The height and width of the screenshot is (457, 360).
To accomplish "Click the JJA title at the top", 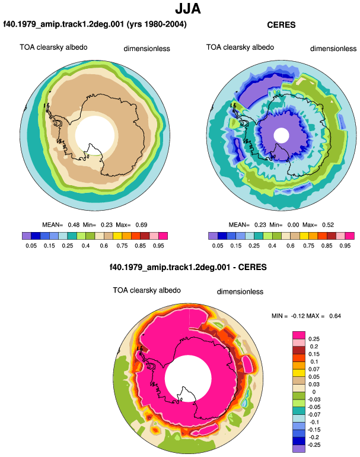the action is coord(188,8).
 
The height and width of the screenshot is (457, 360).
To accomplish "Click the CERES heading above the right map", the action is coord(281,25).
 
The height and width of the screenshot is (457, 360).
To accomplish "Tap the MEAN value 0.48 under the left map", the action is coord(74,225).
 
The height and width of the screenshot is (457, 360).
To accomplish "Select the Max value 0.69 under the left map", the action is coord(141,225).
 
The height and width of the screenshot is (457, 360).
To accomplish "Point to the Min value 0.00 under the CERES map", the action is coord(293,225).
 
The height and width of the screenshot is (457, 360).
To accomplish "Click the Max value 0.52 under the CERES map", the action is coord(328,225).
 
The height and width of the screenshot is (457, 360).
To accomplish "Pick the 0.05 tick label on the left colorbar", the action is coord(31,246).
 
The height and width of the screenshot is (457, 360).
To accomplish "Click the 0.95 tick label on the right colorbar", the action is coord(345,246).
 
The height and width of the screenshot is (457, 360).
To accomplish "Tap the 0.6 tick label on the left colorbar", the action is coord(104,246).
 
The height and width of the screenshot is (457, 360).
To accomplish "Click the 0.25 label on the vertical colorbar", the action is coord(314,339).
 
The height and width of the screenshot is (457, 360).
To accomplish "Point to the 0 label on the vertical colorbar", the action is coord(314,392).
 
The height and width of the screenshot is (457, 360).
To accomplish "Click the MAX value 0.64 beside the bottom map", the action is coord(335,316).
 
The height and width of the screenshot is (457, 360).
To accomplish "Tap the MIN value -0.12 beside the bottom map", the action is coord(297,316).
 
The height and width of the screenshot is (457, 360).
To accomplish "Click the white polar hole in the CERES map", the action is coord(281,136).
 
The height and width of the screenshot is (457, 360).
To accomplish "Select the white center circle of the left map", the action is coord(95,135).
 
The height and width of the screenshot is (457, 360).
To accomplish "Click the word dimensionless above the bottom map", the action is coord(240,292).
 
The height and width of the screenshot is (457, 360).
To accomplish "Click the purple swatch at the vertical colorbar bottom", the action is coord(299,449).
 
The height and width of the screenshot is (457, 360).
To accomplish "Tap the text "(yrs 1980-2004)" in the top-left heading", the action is coord(157,24).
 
